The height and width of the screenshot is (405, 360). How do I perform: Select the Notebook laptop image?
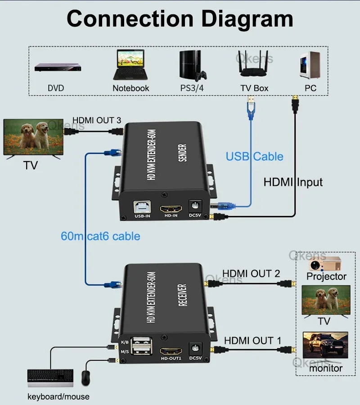[130, 64]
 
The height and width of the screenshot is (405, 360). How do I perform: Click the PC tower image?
[310, 65]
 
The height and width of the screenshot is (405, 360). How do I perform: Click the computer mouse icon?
[86, 378]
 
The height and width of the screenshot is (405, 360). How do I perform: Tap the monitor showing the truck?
[325, 346]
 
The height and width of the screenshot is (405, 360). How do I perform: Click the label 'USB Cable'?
[255, 157]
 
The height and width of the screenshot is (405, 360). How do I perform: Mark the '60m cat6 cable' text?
[100, 236]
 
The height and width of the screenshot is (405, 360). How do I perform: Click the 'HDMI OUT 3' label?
[97, 120]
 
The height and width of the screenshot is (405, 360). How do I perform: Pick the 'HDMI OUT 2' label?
[251, 273]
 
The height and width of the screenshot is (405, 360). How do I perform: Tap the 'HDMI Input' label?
[293, 182]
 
